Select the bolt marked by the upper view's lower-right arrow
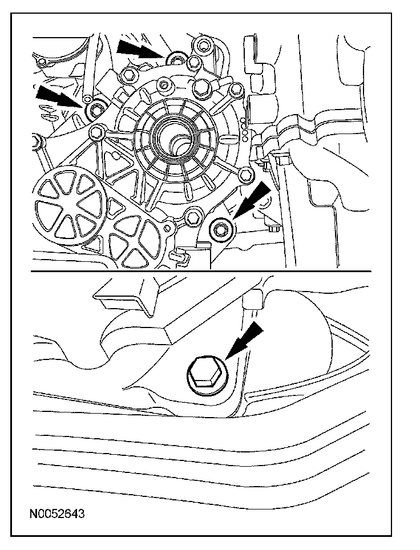(x=220, y=230)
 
